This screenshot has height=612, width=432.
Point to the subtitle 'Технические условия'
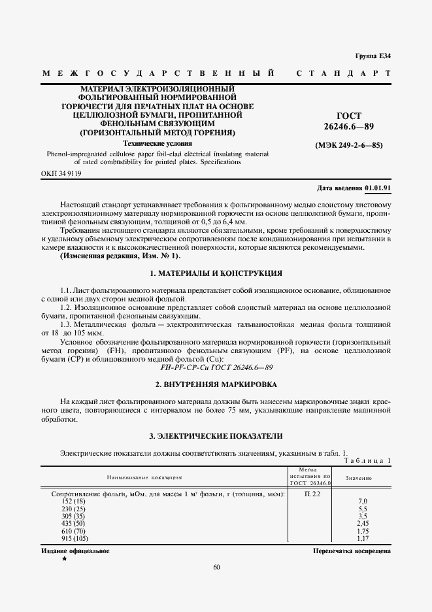click(x=158, y=143)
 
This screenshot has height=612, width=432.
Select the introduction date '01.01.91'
click(x=378, y=188)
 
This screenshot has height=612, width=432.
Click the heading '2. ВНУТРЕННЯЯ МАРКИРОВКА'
click(x=216, y=384)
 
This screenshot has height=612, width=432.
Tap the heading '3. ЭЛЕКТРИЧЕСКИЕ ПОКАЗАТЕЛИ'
click(x=216, y=435)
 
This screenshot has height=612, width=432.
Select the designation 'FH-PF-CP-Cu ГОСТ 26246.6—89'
click(x=216, y=368)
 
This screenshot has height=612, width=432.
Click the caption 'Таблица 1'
click(x=367, y=461)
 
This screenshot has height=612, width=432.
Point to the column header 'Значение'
click(x=359, y=479)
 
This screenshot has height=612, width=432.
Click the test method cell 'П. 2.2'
click(x=312, y=494)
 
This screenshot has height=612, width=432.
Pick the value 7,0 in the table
click(x=363, y=501)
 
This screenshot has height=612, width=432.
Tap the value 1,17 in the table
click(x=363, y=539)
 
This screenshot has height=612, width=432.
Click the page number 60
click(x=216, y=567)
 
